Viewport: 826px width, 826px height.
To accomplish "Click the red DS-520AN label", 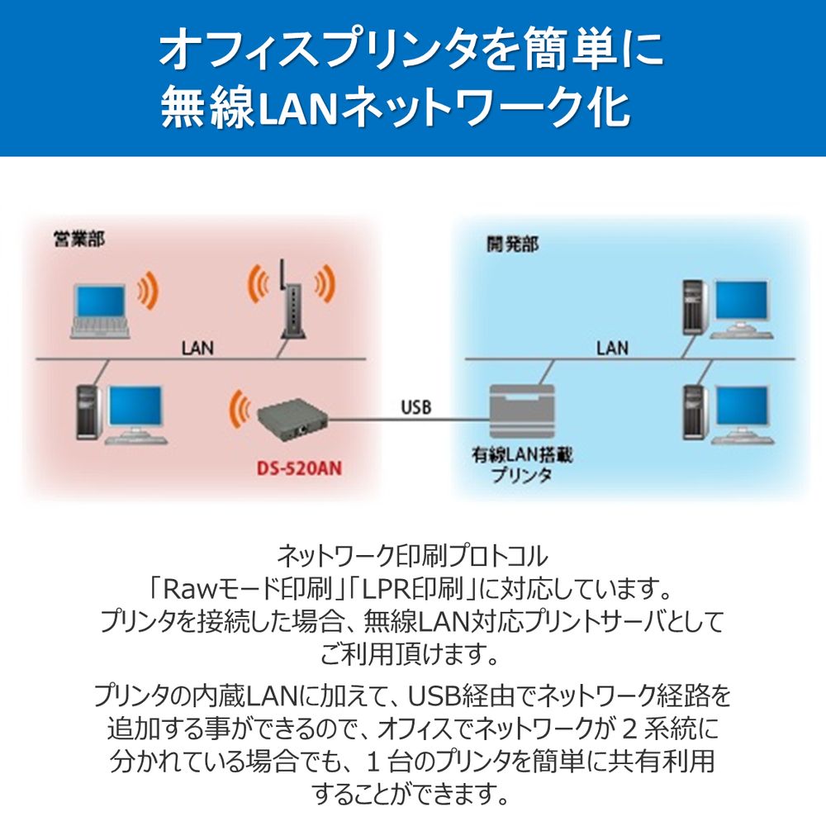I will pyautogui.click(x=296, y=469).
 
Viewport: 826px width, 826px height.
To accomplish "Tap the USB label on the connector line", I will pyautogui.click(x=415, y=406).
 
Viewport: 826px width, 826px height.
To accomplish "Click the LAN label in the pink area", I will pyautogui.click(x=197, y=347).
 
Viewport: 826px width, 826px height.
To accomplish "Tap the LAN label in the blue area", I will pyautogui.click(x=612, y=347).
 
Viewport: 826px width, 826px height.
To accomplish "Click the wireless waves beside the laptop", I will pyautogui.click(x=149, y=290).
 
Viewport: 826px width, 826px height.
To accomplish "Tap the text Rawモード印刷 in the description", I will pyautogui.click(x=235, y=590).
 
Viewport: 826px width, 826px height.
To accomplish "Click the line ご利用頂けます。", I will pyautogui.click(x=411, y=657).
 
